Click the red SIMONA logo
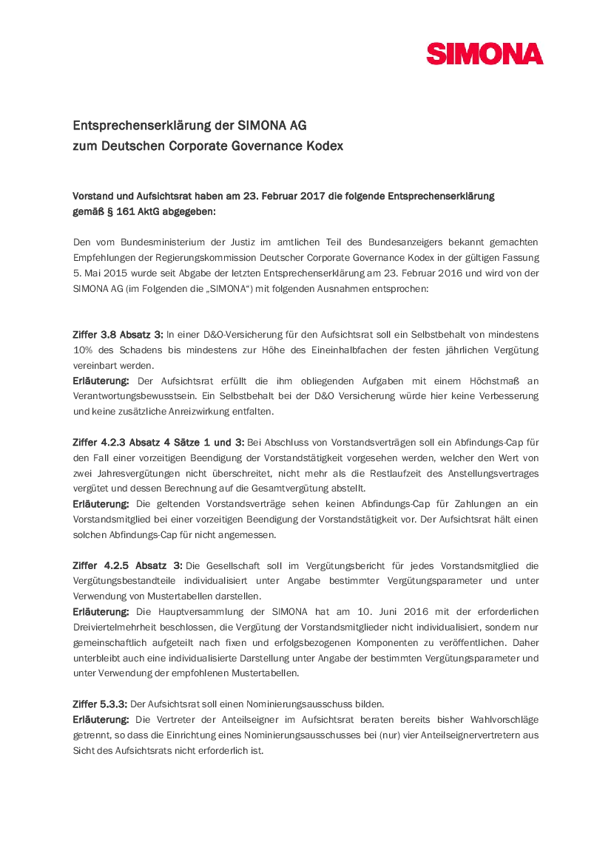click(485, 54)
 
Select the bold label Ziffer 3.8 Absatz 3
click(118, 335)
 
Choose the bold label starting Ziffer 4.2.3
click(158, 443)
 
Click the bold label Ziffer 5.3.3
click(100, 704)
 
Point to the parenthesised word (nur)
click(385, 735)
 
